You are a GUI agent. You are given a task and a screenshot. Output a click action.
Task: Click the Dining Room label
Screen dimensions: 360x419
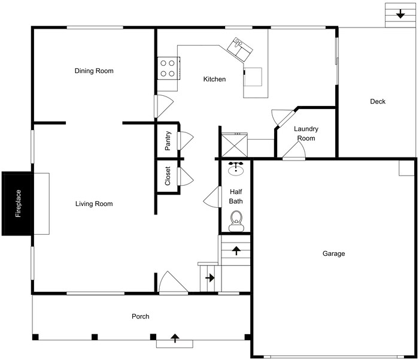(x=94, y=71)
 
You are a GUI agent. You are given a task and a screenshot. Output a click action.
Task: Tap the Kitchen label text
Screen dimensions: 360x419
(x=214, y=79)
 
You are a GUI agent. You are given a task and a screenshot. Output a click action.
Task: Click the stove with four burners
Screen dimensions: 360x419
(x=168, y=68)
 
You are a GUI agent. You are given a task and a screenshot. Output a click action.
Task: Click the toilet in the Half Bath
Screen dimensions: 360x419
(x=236, y=220)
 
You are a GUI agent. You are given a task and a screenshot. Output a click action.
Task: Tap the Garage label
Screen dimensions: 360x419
(x=333, y=253)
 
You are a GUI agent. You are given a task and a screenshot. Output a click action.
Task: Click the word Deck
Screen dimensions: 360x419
(x=378, y=101)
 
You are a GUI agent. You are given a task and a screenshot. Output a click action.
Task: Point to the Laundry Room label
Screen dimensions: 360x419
(x=306, y=134)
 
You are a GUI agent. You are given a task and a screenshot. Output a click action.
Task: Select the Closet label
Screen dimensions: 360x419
(x=168, y=177)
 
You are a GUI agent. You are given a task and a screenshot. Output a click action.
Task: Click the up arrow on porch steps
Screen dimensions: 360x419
(x=175, y=339)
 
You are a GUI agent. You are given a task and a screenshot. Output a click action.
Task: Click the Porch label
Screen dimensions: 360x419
(x=141, y=316)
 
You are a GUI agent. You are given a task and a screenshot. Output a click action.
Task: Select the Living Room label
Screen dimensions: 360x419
(x=94, y=204)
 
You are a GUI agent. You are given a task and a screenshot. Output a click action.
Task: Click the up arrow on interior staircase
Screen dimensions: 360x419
(x=236, y=250)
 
